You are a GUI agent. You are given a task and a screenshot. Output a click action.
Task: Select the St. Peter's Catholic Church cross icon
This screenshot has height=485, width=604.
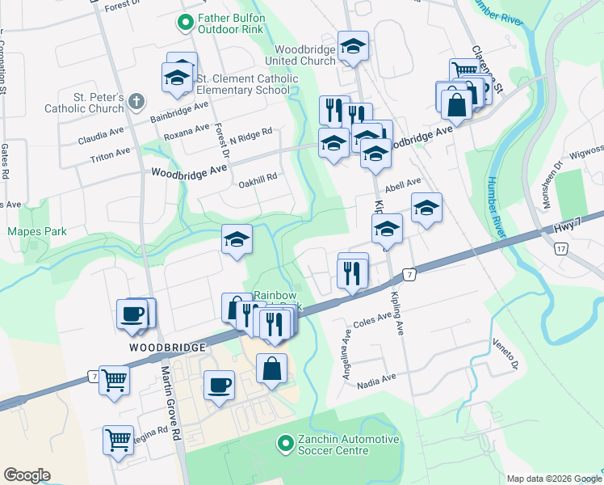click(136, 101)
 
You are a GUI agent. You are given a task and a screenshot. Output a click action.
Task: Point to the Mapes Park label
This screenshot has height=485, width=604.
click(37, 231)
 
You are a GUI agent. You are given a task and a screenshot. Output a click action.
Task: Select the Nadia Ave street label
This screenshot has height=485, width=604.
click(378, 378)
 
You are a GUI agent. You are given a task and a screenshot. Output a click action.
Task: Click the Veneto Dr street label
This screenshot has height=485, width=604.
click(503, 352)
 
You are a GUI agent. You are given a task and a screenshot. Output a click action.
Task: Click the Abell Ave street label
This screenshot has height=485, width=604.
click(404, 184)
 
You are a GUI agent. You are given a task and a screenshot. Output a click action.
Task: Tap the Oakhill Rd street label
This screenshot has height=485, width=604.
click(258, 177)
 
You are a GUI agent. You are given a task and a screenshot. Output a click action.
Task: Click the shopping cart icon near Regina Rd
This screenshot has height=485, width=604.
click(118, 440)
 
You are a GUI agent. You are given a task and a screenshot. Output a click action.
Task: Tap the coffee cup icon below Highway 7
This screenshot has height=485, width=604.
click(218, 384)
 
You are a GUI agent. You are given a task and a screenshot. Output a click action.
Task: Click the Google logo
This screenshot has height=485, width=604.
click(26, 475)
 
